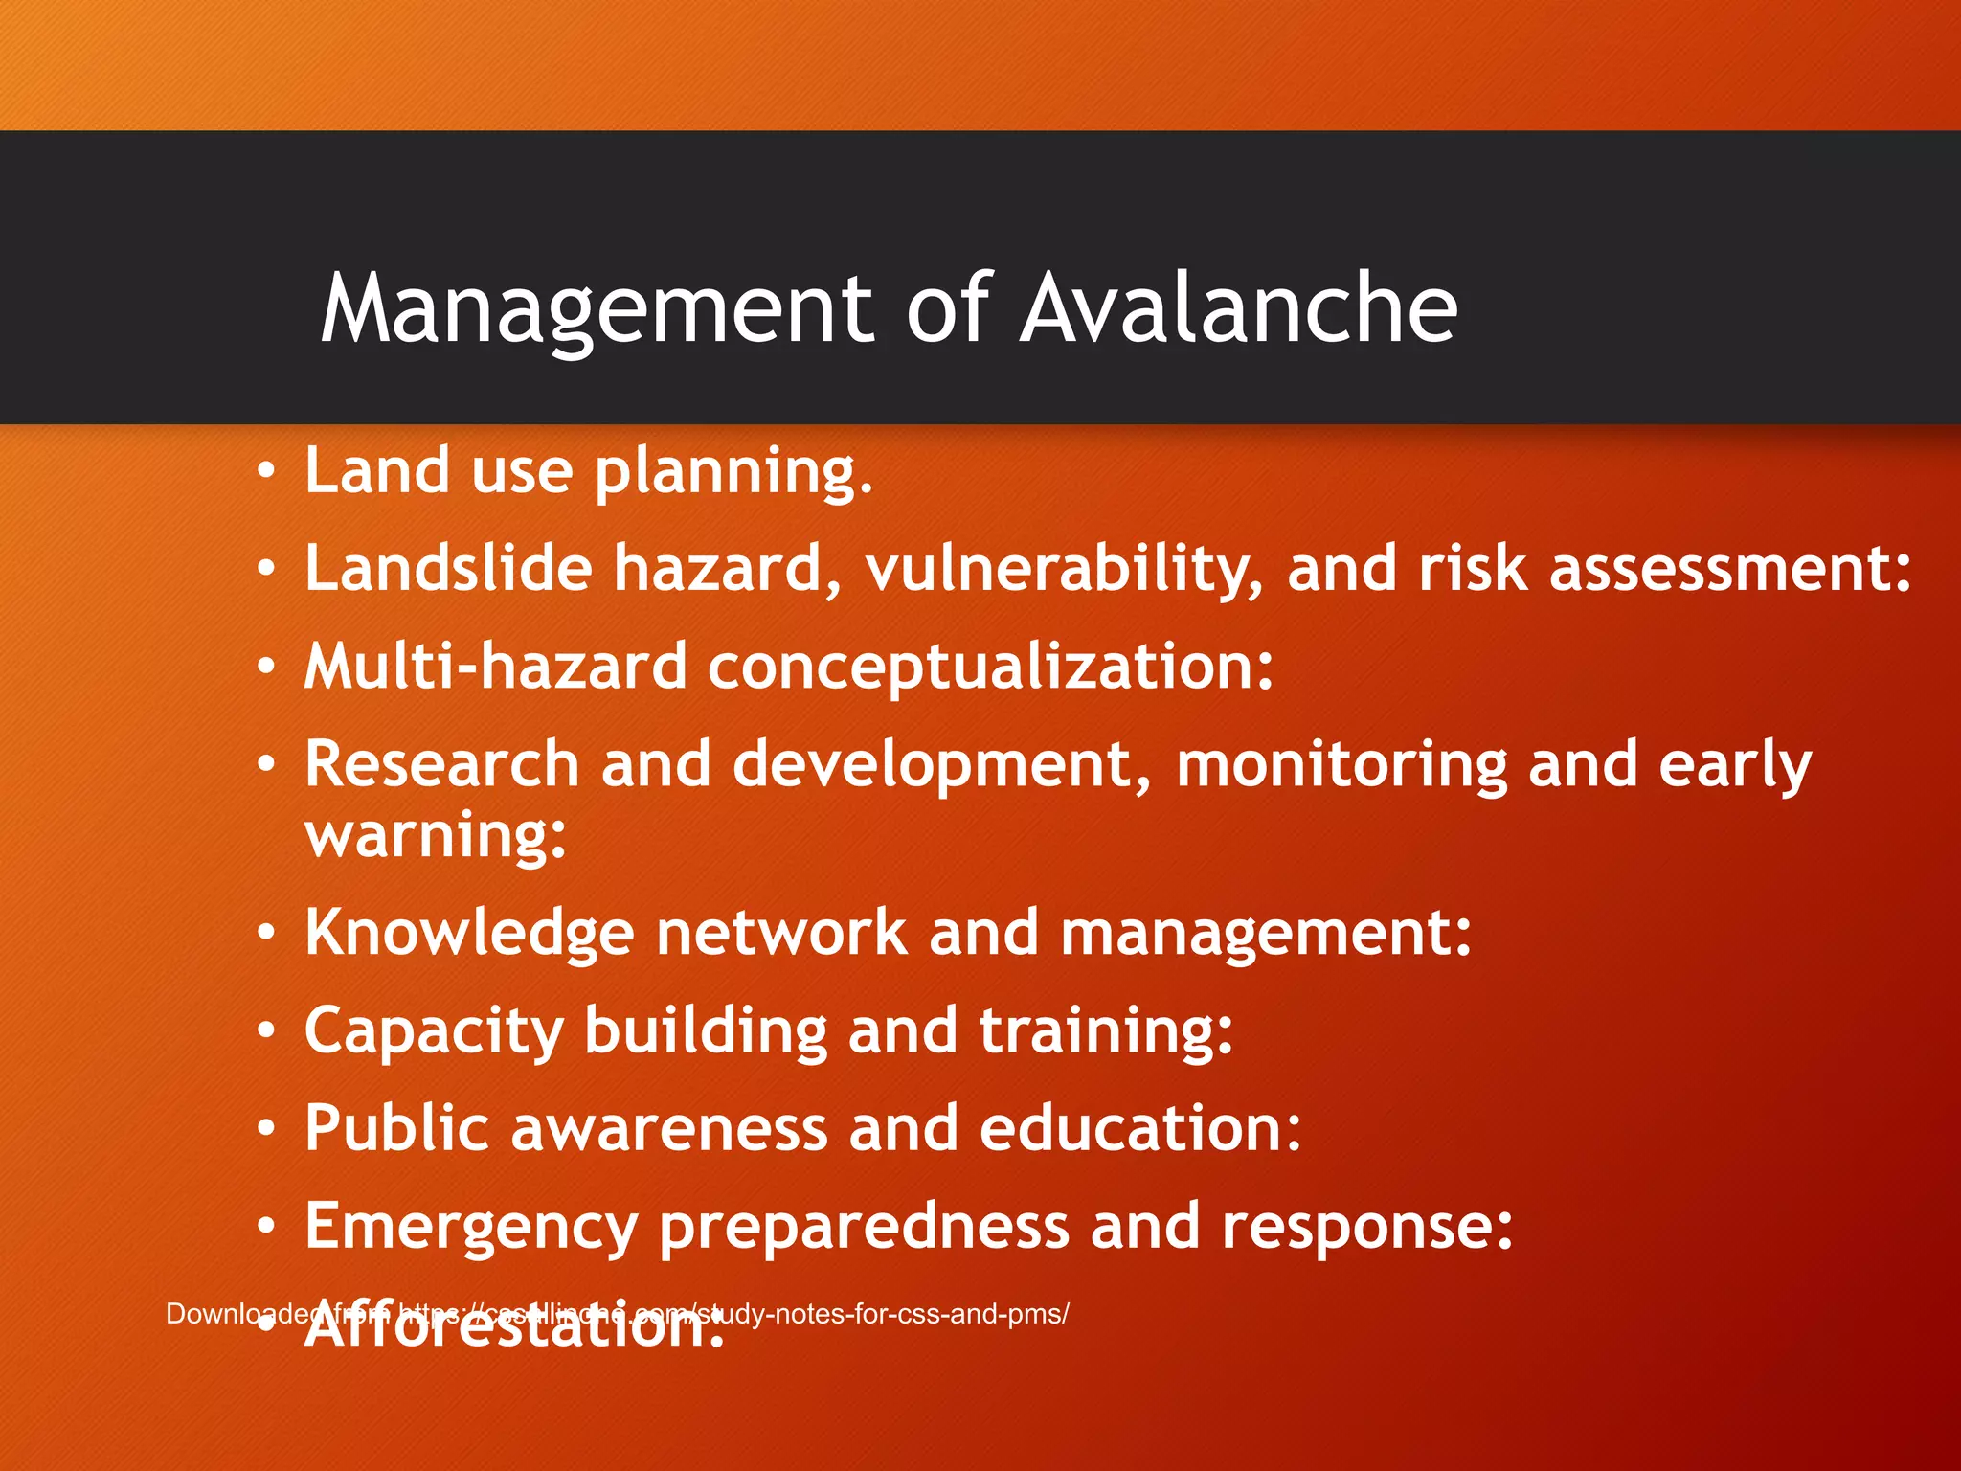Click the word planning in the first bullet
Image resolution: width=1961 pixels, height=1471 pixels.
[733, 473]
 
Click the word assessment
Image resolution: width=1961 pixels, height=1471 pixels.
[1729, 569]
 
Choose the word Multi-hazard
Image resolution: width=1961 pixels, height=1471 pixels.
[495, 667]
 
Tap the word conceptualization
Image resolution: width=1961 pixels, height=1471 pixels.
[990, 668]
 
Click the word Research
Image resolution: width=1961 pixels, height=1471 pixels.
[441, 765]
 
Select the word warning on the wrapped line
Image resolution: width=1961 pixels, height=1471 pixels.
[436, 837]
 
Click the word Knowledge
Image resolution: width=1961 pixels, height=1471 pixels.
[469, 934]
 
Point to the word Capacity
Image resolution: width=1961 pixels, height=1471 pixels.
[434, 1033]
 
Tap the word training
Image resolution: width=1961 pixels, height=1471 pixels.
[1105, 1033]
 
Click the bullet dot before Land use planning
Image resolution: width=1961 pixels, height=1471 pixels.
[266, 471]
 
